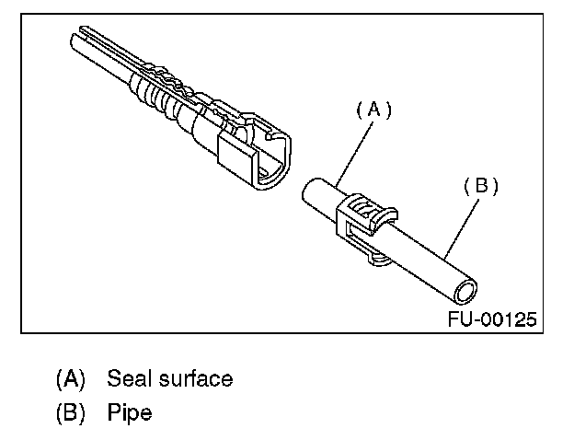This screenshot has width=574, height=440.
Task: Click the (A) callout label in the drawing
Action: [373, 110]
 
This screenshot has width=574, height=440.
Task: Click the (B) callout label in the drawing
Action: [479, 186]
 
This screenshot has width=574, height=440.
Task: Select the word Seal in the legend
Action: [128, 378]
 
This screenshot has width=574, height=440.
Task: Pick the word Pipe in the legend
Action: [130, 413]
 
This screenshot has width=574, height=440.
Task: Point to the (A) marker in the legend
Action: [71, 378]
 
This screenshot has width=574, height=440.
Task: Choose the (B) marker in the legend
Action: [71, 413]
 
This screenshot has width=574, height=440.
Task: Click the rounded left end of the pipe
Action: [310, 191]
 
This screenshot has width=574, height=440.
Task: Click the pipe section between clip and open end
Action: [428, 262]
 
